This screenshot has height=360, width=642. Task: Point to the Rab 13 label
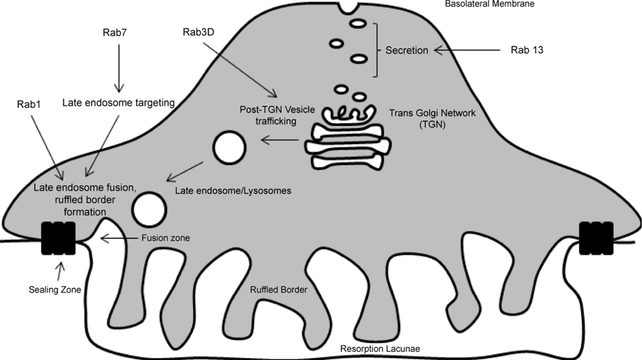point(526,50)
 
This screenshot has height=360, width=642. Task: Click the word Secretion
point(405,50)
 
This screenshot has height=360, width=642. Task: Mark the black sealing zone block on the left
point(57,238)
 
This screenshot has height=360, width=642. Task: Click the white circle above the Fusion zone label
point(149,208)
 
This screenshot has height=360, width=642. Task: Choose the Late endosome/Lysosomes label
point(233,191)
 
